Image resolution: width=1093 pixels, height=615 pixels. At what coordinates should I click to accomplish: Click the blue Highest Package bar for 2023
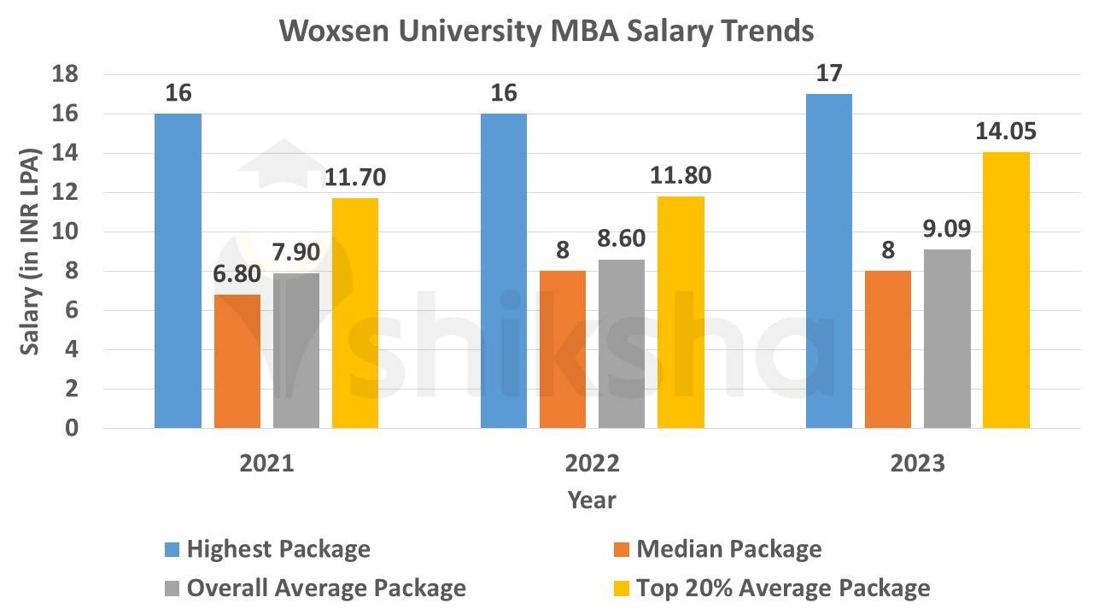829,261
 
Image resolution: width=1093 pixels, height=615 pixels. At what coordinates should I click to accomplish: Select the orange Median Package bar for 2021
237,360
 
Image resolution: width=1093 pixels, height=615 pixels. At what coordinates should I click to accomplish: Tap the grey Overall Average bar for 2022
621,343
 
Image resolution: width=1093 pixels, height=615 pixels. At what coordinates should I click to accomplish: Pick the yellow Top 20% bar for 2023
1006,290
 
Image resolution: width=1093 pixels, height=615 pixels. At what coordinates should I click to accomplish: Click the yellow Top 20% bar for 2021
355,313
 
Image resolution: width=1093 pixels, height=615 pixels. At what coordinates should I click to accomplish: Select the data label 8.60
621,238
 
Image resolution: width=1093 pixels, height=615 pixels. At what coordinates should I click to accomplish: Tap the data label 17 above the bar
829,73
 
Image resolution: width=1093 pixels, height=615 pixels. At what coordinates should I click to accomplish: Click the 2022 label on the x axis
593,464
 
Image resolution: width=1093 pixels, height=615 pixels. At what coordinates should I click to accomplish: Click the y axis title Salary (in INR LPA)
32,251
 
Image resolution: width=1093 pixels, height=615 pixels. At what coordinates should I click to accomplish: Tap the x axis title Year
592,501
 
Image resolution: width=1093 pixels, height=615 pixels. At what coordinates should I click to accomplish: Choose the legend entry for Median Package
728,549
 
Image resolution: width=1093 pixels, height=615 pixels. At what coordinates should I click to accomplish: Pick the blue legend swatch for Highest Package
172,549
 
